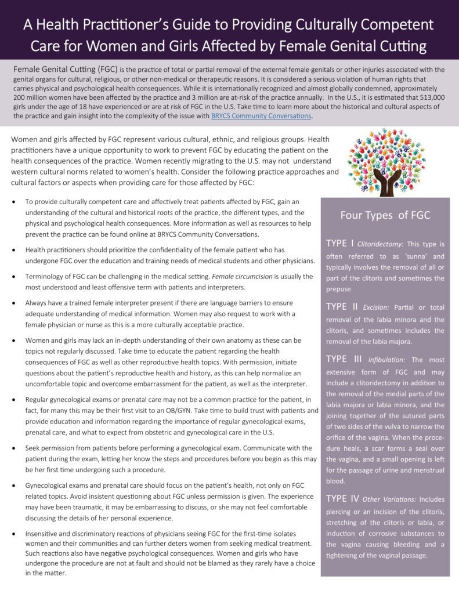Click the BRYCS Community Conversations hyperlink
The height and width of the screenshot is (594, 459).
tap(261, 116)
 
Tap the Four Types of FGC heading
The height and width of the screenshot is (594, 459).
tap(385, 215)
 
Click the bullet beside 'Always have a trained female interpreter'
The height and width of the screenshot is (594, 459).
tap(13, 303)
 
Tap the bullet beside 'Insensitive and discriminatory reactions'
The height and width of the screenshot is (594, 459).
tap(13, 533)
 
